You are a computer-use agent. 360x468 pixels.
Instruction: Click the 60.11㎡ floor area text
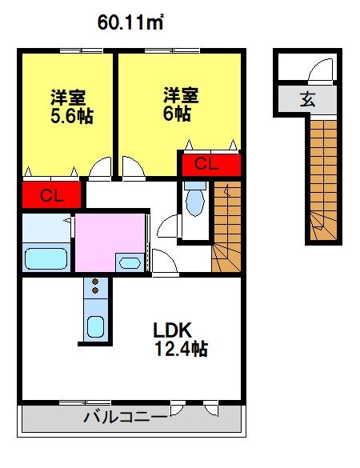coord(130,22)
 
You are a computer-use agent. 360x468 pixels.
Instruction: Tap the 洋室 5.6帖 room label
coord(72,106)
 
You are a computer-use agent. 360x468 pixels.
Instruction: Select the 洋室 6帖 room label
coord(181,104)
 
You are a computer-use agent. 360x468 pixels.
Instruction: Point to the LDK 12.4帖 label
coord(180,339)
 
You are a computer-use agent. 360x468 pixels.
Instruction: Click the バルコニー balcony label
coord(126,417)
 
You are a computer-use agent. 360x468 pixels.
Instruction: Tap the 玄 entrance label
coord(307,99)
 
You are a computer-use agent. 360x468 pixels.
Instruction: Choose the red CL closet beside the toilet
coord(211,165)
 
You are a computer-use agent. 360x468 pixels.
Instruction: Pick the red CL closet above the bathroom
coord(52,195)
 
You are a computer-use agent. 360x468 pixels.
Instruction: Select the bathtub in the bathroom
coord(46,258)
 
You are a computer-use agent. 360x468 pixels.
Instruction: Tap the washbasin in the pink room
coord(130,263)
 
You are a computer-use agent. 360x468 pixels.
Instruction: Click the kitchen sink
coord(95,326)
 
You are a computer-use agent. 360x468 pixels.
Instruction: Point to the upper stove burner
coord(95,282)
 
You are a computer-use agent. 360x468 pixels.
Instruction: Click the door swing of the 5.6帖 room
coord(100,168)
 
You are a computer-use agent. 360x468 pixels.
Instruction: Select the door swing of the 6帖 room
coord(134,168)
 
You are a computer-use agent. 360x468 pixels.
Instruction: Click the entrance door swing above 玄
coord(320,70)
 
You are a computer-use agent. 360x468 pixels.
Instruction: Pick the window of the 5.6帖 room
coord(81,51)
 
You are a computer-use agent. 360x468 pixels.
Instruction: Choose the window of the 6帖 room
coord(172,51)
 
